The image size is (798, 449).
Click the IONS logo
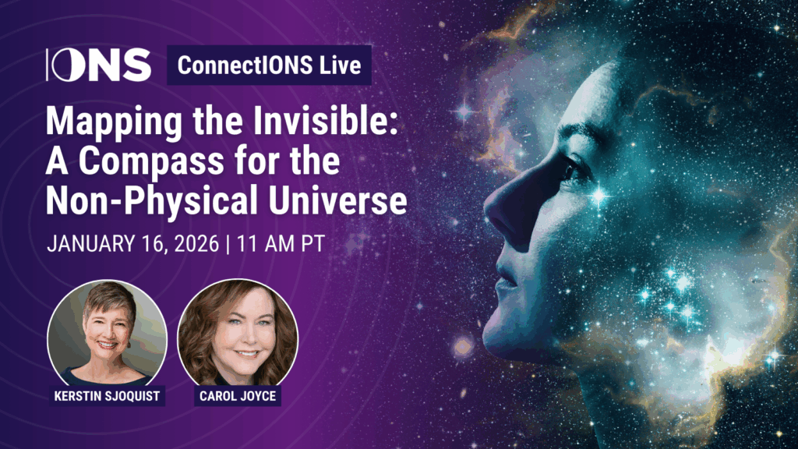tap(99, 65)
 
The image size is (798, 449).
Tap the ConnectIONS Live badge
tap(269, 65)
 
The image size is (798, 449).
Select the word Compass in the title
tap(151, 161)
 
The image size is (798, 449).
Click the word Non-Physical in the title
tap(152, 202)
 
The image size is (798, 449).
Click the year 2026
tap(197, 244)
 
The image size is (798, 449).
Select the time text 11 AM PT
tap(281, 244)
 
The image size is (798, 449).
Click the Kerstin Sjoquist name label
tap(107, 396)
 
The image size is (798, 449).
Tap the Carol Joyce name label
tap(238, 396)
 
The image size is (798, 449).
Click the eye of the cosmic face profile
tap(574, 171)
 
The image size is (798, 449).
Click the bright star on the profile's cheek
tap(599, 196)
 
